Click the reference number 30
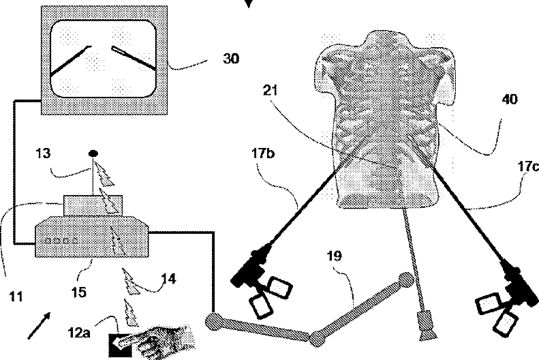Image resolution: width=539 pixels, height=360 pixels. (x=232, y=59)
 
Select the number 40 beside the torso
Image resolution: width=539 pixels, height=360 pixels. (x=509, y=100)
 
